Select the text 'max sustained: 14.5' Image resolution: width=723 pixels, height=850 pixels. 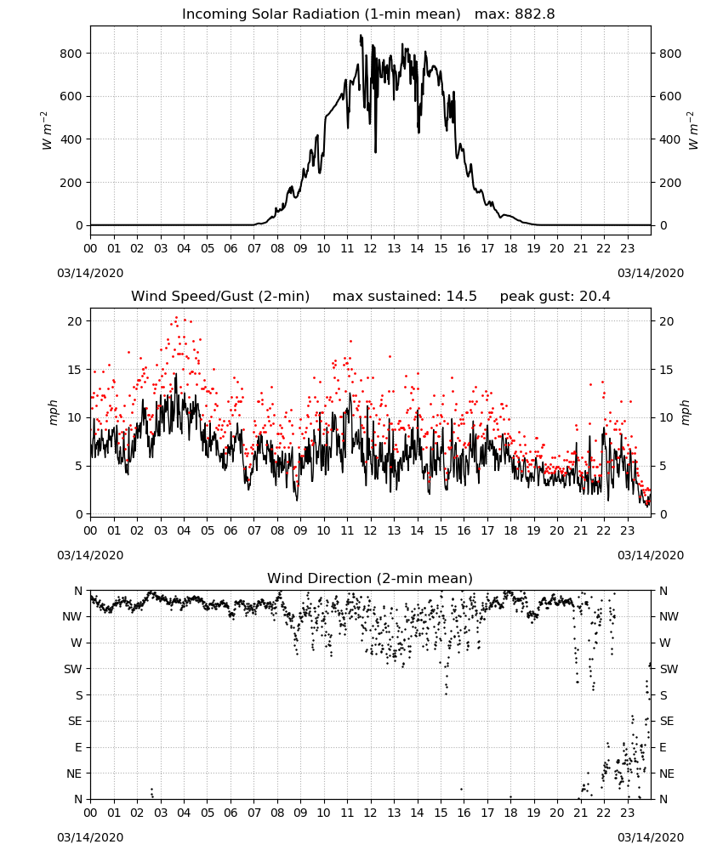point(405,297)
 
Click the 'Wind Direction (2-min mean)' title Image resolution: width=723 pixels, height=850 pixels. point(370,578)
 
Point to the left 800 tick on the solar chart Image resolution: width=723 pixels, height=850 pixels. point(71,53)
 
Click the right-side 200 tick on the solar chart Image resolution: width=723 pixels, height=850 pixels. point(670,183)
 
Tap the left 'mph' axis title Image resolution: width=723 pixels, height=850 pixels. point(53,412)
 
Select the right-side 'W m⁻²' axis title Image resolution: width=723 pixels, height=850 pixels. point(693,131)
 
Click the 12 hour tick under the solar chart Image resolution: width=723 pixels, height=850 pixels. point(371,249)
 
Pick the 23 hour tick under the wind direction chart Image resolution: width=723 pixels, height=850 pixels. point(627,813)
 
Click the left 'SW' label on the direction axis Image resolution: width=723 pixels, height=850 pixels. point(72,669)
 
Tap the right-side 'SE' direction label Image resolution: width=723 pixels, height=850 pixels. point(667,721)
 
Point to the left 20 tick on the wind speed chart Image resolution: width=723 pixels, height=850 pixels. point(76,321)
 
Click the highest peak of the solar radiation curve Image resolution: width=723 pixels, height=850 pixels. point(361,35)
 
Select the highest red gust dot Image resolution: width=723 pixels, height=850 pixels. point(176,318)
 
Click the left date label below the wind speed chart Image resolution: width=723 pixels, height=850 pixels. point(90,555)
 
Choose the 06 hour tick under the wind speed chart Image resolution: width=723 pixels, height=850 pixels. point(231,530)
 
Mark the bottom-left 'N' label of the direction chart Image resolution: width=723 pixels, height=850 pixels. point(78,799)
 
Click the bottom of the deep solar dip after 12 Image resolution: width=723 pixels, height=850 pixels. point(375,152)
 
